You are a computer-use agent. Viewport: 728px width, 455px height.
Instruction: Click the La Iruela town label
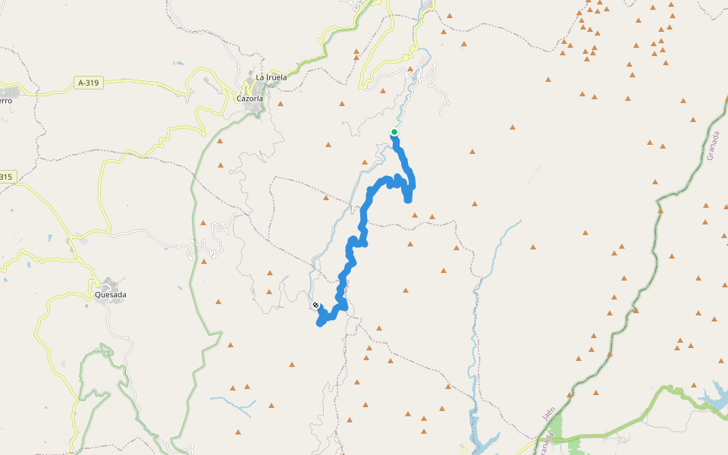(x=271, y=77)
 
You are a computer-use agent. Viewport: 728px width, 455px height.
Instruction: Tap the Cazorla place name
(x=249, y=99)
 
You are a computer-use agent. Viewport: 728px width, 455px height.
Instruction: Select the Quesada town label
(x=111, y=295)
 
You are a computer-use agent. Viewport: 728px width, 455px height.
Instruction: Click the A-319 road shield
(x=89, y=82)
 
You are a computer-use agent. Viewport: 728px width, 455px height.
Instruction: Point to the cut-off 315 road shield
(x=6, y=177)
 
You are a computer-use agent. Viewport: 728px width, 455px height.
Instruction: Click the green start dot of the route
(x=394, y=132)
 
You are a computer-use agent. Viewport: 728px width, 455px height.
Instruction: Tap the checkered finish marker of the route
(x=315, y=306)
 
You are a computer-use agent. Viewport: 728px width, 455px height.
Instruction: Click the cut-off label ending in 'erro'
(x=6, y=100)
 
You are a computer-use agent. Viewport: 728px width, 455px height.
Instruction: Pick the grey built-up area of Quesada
(x=111, y=284)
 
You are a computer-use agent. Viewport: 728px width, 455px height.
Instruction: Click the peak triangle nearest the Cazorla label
(x=280, y=103)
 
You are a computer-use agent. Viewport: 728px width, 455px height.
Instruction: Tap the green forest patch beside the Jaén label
(x=557, y=428)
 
